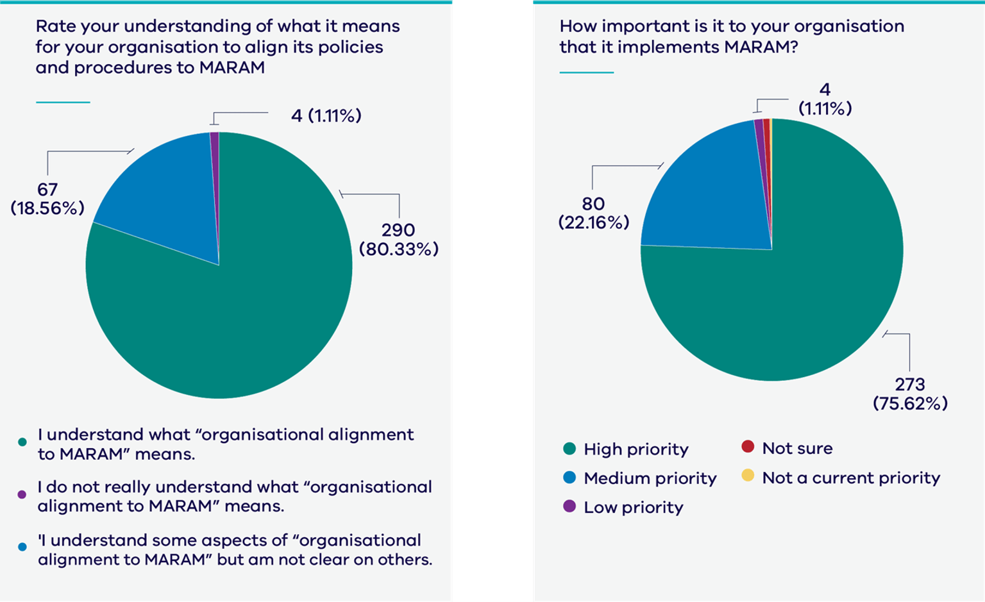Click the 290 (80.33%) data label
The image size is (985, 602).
click(x=398, y=239)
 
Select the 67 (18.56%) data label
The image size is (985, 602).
click(x=47, y=199)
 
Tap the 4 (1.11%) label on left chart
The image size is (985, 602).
click(x=326, y=115)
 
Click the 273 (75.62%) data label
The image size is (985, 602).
click(x=910, y=394)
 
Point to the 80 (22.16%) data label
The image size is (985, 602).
click(x=594, y=213)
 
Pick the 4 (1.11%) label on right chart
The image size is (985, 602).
click(x=825, y=99)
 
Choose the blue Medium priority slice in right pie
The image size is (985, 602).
click(x=705, y=192)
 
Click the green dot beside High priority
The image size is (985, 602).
click(x=569, y=449)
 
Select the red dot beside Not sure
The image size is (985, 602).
click(x=748, y=447)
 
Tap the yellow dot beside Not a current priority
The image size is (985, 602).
click(x=748, y=476)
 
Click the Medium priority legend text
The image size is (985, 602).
click(x=650, y=478)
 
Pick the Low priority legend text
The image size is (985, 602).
click(x=633, y=507)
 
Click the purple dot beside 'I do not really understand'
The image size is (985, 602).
click(x=22, y=494)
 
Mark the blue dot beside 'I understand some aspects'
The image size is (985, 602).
click(x=22, y=547)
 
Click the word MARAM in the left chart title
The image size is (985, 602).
click(x=232, y=67)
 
